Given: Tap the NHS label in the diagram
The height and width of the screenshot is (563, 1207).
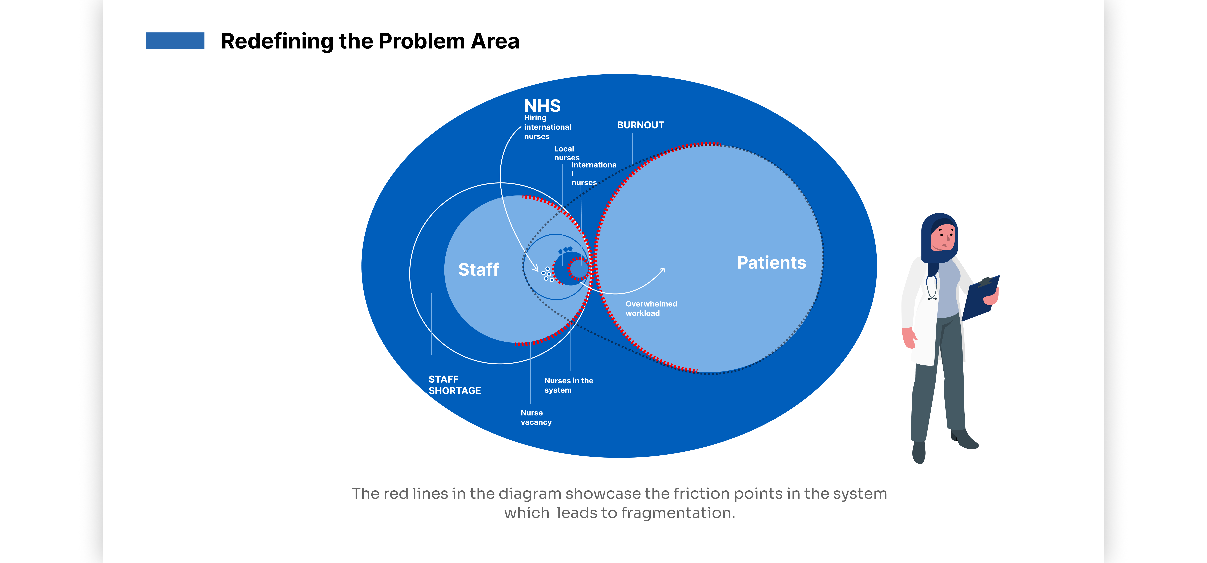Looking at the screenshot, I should tap(542, 106).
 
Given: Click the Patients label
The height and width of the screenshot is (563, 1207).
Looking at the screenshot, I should tap(771, 263).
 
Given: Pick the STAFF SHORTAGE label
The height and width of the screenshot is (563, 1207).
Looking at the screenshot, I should tap(454, 385).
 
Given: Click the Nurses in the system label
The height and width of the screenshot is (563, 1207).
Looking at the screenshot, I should tap(568, 385).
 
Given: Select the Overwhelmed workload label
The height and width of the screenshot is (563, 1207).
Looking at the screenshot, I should tap(651, 308).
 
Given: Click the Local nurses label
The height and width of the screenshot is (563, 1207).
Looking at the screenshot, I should tap(566, 153).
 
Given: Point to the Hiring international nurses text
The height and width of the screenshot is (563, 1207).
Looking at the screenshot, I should tap(547, 127).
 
